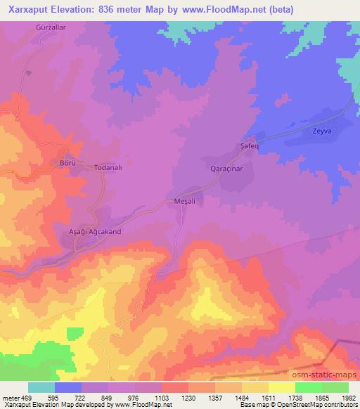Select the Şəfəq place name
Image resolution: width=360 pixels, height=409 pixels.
click(x=241, y=146)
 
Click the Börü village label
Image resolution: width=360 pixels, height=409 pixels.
click(x=66, y=162)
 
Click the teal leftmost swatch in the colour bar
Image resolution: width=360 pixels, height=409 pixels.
click(x=41, y=387)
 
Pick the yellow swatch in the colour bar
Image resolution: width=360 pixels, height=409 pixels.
click(x=282, y=387)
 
